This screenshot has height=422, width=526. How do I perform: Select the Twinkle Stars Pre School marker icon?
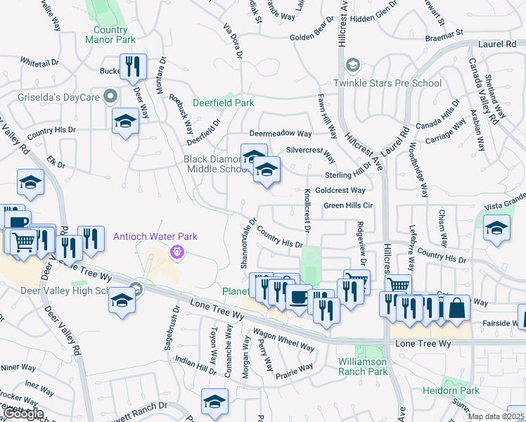(352, 66)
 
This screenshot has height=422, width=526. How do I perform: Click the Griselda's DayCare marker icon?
(109, 95)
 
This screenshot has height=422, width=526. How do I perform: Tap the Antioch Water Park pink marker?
(177, 251)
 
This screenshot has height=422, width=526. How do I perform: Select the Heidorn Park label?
(451, 390)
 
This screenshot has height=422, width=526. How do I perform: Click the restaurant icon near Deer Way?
(133, 67)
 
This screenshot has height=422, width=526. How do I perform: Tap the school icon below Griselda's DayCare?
(124, 121)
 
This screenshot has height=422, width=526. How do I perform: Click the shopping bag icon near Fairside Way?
(456, 308)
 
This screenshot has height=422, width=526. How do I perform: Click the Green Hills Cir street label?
(347, 205)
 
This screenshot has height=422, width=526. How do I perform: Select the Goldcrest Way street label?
(340, 191)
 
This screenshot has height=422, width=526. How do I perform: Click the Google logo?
(23, 414)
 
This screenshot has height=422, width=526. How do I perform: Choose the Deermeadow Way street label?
(281, 134)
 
